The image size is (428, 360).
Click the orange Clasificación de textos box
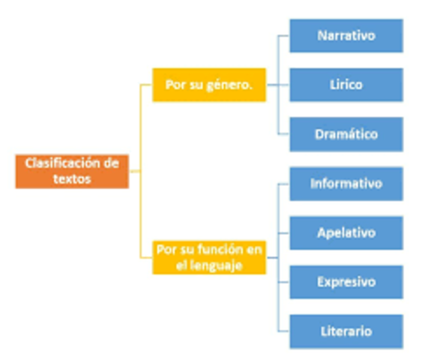coord(72,171)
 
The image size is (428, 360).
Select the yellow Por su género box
coord(209,85)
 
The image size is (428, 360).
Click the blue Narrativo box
coord(346,36)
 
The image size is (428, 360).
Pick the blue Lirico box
coord(346,85)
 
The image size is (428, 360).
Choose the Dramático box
coord(346,135)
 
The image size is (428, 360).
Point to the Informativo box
coord(346,184)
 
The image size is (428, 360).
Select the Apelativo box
coord(346,232)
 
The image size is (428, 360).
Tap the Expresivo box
coord(346,282)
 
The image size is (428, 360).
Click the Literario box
coord(346,331)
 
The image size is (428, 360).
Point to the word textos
coord(72,179)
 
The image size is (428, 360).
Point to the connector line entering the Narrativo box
coord(283,36)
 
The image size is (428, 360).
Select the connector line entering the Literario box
coord(283,331)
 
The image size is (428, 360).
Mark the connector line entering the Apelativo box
coord(283,232)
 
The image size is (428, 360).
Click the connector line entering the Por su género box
coord(147,85)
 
